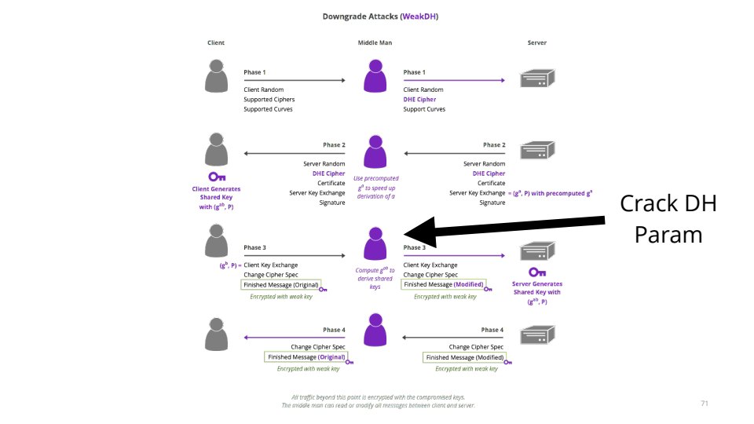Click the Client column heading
[216, 42]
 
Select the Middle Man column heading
[375, 42]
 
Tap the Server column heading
[536, 42]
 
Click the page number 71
[704, 403]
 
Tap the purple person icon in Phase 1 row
[375, 77]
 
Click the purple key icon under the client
[216, 177]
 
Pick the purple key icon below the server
[536, 272]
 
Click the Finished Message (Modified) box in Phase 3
[443, 284]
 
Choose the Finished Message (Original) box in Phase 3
[281, 284]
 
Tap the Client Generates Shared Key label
[216, 197]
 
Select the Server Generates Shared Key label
[536, 291]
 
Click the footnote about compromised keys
[378, 401]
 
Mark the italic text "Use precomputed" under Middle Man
[375, 179]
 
